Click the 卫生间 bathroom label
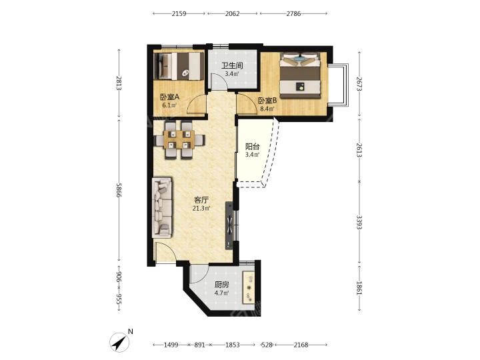[233, 65]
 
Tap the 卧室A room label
[169, 97]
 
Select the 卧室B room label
[267, 101]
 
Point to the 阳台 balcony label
[253, 147]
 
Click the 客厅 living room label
[201, 200]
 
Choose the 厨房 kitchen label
[221, 285]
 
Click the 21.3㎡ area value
[201, 209]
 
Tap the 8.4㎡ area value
[267, 109]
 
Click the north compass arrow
[120, 342]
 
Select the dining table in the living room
[179, 140]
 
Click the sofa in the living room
[162, 207]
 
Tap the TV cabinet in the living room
[229, 225]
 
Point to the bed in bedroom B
[300, 75]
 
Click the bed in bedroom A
[179, 66]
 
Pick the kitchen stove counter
[249, 287]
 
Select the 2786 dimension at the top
[293, 13]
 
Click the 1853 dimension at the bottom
[233, 345]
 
